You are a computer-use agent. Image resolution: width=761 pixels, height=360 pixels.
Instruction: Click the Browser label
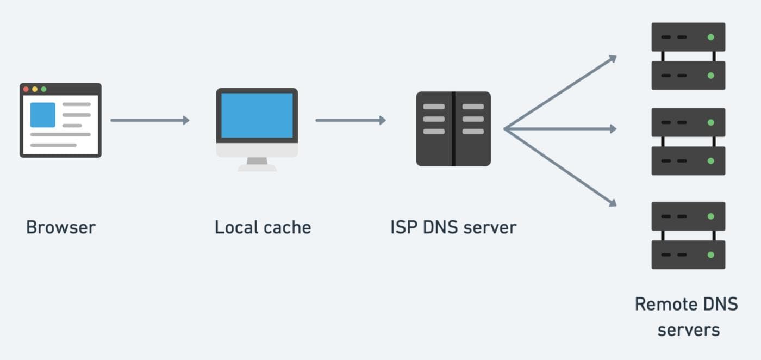(x=60, y=227)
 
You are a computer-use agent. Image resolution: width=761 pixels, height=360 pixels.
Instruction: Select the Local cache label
(x=263, y=227)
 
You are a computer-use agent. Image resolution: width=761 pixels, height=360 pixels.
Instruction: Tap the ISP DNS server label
(x=453, y=227)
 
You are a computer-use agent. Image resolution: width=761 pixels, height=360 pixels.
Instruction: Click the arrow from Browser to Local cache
(x=149, y=120)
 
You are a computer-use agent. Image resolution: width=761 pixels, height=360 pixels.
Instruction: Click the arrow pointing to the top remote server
(x=560, y=92)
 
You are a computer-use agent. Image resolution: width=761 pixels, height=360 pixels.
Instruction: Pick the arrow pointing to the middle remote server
(x=560, y=129)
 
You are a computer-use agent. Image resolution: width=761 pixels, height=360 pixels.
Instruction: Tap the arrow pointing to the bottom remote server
(x=560, y=167)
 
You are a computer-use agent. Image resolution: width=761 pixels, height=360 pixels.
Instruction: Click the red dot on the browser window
(x=26, y=89)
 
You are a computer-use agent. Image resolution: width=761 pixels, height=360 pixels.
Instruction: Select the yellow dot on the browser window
(x=35, y=89)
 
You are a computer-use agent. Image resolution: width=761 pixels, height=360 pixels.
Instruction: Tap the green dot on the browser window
(x=43, y=89)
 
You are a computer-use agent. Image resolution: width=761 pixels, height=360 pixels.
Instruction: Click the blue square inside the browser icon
(x=42, y=115)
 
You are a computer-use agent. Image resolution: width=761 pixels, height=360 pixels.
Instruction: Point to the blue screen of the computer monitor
(x=257, y=115)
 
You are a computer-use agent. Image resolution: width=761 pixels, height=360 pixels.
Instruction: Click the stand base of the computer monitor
(x=257, y=167)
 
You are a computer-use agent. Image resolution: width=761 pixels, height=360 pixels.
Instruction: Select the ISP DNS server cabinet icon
(x=453, y=129)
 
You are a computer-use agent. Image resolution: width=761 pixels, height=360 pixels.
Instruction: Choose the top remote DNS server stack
(x=688, y=56)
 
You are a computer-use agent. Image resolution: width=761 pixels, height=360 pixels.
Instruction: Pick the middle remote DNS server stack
(x=688, y=141)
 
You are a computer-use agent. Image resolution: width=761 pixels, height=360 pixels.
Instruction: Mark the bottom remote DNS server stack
(x=688, y=235)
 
